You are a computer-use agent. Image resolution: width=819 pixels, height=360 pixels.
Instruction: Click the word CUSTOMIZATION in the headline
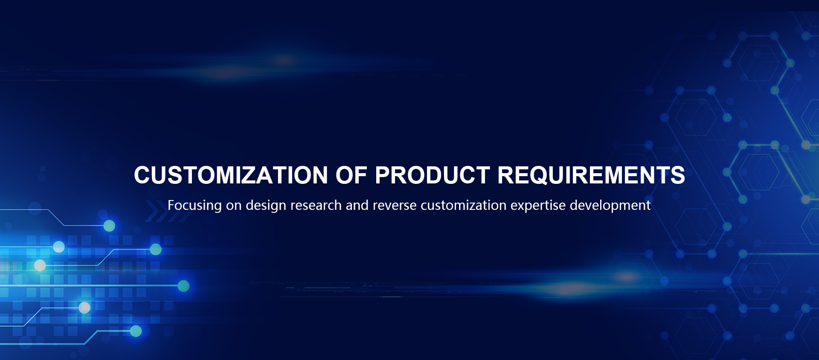point(231,175)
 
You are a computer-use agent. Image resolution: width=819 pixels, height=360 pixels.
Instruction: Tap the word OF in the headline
point(351,175)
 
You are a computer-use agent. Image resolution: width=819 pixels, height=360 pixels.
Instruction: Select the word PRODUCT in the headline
point(432,175)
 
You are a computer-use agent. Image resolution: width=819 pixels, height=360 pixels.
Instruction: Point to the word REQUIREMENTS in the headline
point(591,175)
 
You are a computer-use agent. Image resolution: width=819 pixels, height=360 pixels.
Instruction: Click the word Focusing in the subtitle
point(195,206)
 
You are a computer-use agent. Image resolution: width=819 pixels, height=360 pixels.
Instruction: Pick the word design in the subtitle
point(266,206)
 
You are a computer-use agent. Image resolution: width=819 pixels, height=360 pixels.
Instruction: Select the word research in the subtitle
point(316,205)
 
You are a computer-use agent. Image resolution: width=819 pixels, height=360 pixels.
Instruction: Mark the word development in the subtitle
point(610,206)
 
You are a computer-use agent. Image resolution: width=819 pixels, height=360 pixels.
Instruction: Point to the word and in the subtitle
point(357,205)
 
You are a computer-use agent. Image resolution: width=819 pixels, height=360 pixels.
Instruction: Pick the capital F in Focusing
point(171,205)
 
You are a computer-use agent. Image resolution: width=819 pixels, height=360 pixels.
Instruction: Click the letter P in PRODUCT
point(383,175)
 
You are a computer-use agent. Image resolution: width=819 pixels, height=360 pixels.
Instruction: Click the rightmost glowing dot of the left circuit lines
point(183,286)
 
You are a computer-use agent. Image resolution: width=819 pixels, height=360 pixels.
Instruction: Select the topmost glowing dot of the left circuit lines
point(110,226)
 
